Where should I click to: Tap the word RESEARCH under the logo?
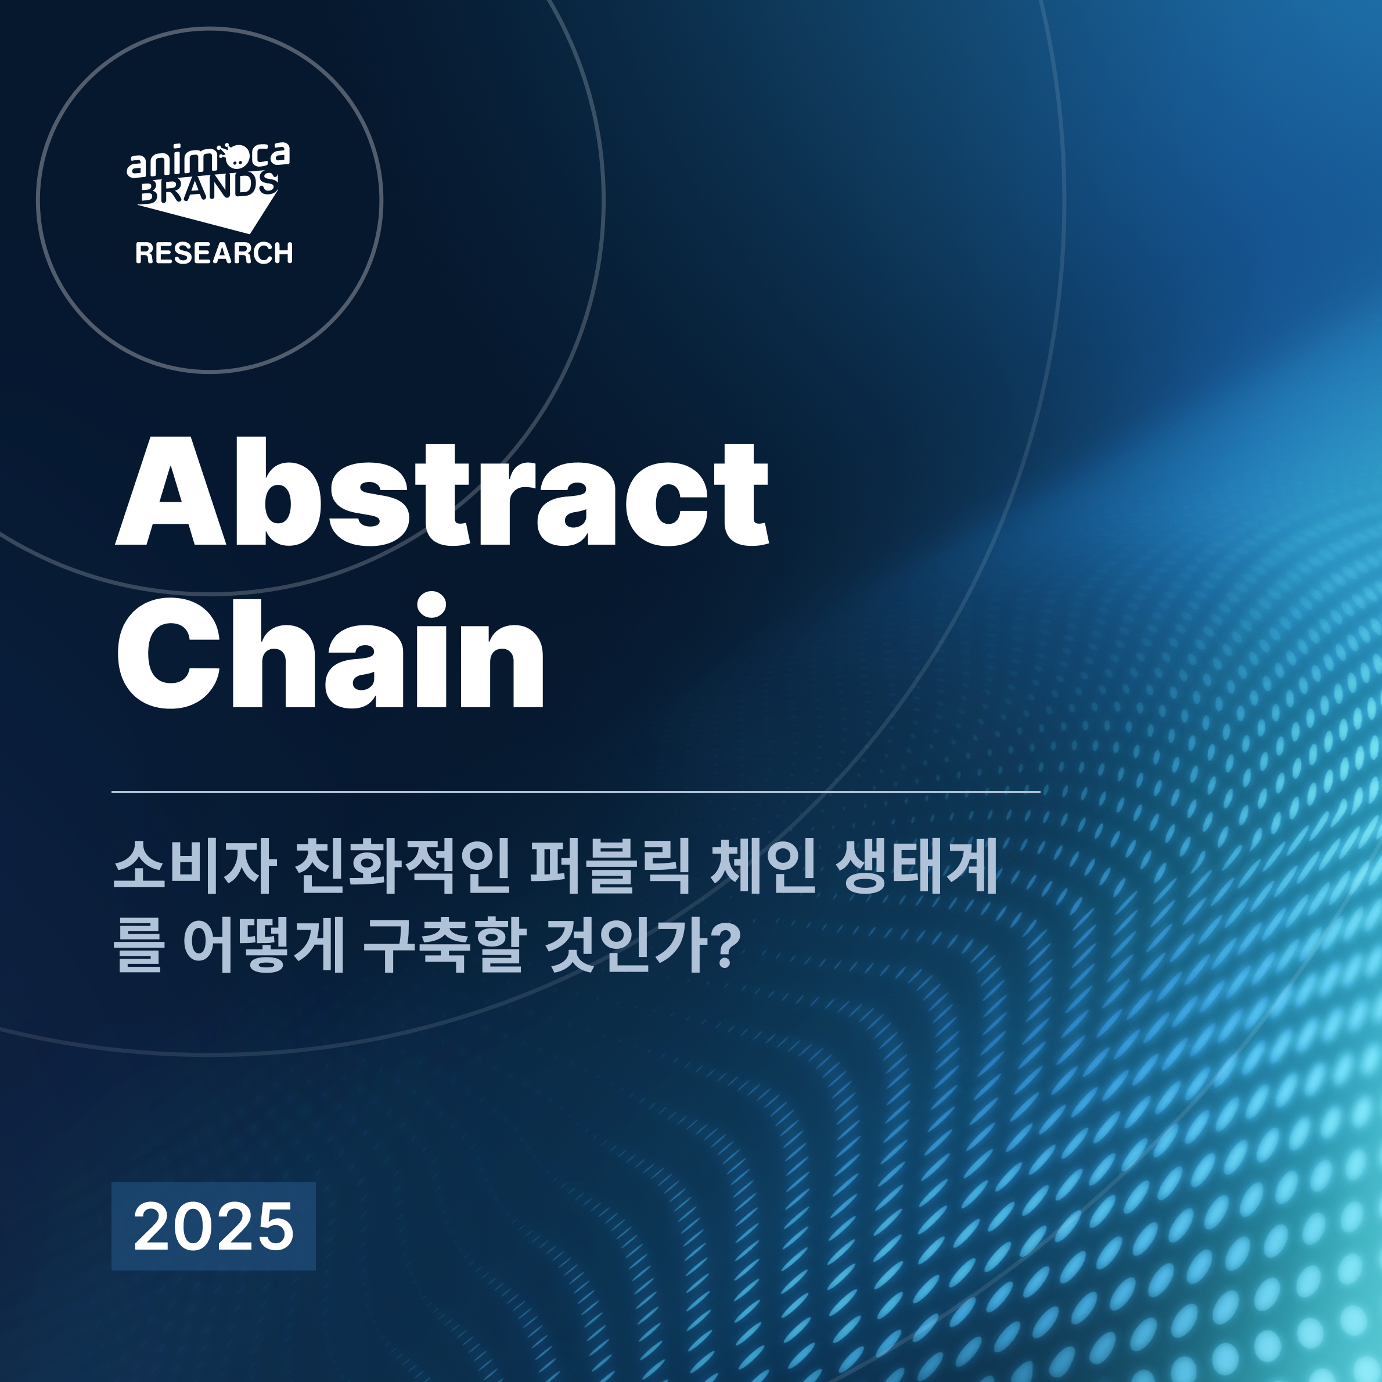[x=214, y=253]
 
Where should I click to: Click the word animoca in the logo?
[x=208, y=160]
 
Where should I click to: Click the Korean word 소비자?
[x=195, y=868]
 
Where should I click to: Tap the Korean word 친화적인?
[x=403, y=868]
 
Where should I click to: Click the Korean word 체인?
[x=763, y=868]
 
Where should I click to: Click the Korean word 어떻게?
[x=265, y=946]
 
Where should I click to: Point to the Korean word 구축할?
[x=445, y=946]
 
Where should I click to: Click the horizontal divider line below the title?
[x=576, y=792]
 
